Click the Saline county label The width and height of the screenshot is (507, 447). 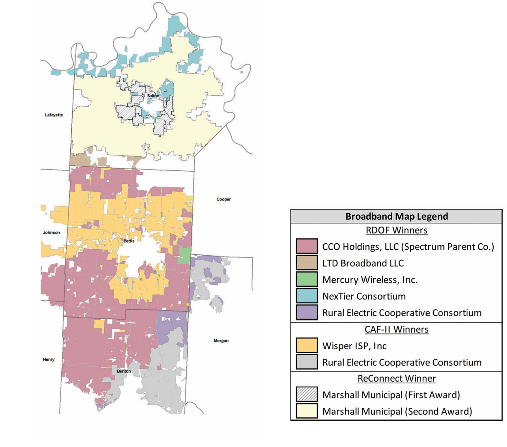pos(153,96)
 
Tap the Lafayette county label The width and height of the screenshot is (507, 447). pos(54,115)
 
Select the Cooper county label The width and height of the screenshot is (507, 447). pos(224,199)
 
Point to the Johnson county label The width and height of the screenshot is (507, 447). pos(51,233)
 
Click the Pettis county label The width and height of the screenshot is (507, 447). pos(129,241)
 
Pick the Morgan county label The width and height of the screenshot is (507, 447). pos(221,341)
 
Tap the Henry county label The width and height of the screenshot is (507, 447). pos(49,360)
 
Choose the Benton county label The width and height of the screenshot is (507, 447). pos(124,371)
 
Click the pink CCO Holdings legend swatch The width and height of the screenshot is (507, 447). pos(307,246)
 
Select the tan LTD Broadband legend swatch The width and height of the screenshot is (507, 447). pos(307,263)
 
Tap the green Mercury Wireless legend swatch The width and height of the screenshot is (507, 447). pos(307,279)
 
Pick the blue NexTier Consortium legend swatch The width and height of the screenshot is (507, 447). pos(307,296)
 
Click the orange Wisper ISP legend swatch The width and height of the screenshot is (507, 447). pos(307,346)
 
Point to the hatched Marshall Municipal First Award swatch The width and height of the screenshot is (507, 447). pos(307,395)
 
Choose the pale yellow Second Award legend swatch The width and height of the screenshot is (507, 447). pos(307,411)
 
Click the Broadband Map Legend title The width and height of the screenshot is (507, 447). pos(396,216)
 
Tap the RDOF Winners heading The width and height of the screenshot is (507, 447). pos(396,230)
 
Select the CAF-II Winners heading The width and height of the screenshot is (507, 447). pos(396,329)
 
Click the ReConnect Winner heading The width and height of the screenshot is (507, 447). pos(396,378)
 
